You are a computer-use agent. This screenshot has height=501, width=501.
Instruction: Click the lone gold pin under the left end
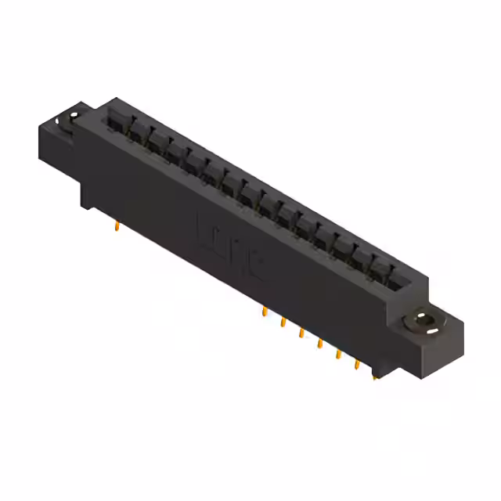pyautogui.click(x=117, y=226)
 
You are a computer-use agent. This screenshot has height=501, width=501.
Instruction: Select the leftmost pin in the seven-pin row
pyautogui.click(x=265, y=312)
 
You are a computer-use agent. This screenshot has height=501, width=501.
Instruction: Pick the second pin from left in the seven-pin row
pyautogui.click(x=283, y=323)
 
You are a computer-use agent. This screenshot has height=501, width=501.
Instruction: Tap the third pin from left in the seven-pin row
pyautogui.click(x=301, y=333)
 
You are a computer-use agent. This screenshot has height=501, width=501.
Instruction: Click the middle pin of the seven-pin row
pyautogui.click(x=319, y=344)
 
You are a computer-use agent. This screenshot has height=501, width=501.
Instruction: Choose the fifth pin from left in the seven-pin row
pyautogui.click(x=338, y=355)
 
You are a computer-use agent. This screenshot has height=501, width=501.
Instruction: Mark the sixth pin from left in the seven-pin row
pyautogui.click(x=357, y=365)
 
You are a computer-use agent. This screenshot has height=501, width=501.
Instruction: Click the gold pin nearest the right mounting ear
pyautogui.click(x=375, y=375)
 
